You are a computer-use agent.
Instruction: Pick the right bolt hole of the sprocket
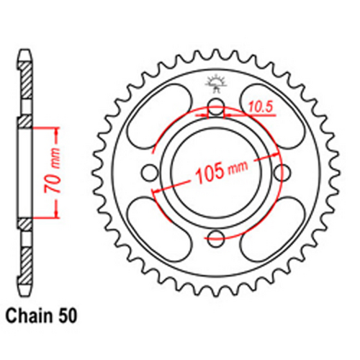278,173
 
